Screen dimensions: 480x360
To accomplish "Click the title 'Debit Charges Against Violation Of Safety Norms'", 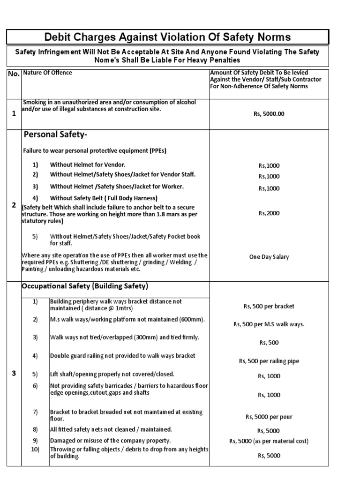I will [167, 37].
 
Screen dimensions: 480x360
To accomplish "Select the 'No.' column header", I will [14, 74].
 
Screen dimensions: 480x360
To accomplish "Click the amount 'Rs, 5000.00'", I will [269, 113].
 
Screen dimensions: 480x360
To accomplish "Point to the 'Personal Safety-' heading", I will [55, 135].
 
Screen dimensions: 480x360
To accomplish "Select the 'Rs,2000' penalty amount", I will [269, 213].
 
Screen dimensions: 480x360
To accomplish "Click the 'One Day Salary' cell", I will [269, 257].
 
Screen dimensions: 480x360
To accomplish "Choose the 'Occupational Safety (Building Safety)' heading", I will [85, 286].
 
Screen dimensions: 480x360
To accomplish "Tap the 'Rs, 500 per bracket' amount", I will [269, 306].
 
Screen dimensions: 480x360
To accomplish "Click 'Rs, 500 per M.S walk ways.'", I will [269, 324].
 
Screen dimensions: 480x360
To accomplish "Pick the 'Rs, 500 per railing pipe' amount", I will [269, 361].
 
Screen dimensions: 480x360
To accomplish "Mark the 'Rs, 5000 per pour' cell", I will [269, 416].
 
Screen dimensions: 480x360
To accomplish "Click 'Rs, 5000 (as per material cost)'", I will [269, 441].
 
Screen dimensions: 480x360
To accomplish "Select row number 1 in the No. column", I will [14, 113].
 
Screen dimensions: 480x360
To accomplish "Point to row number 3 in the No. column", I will [14, 373].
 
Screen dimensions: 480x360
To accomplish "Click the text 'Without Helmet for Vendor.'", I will [88, 165].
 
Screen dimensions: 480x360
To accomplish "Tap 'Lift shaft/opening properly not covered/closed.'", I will [112, 374].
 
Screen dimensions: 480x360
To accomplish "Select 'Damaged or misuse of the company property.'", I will [111, 441].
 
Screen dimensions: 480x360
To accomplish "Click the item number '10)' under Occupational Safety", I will [35, 450].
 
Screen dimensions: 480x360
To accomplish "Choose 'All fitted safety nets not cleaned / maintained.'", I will [111, 429].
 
